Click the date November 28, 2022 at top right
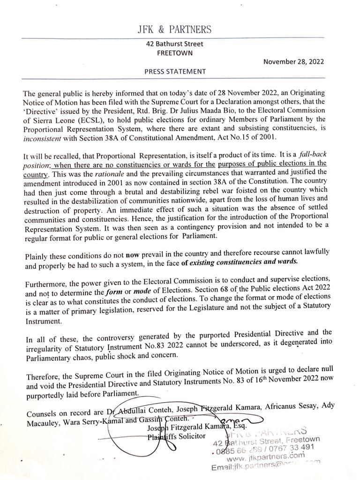(x=293, y=61)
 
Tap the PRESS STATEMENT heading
(x=175, y=72)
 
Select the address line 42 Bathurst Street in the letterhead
(x=174, y=44)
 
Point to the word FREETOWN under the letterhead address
(x=174, y=53)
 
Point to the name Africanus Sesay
(x=295, y=409)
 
